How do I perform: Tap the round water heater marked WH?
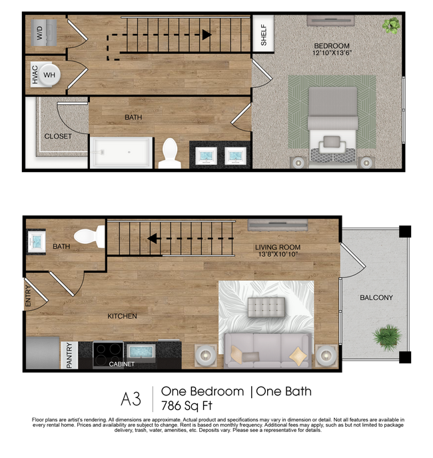(x=49, y=75)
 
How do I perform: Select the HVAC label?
(x=34, y=75)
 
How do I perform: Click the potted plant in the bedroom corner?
(x=390, y=26)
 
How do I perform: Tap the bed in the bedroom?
(x=332, y=123)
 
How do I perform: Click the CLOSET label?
(x=58, y=137)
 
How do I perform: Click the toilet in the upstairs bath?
(x=171, y=154)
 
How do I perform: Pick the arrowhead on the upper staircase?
(x=207, y=34)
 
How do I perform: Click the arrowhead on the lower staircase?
(x=153, y=237)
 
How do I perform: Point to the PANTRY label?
(x=69, y=355)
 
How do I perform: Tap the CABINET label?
(x=122, y=365)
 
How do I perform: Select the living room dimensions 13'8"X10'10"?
(x=278, y=254)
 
